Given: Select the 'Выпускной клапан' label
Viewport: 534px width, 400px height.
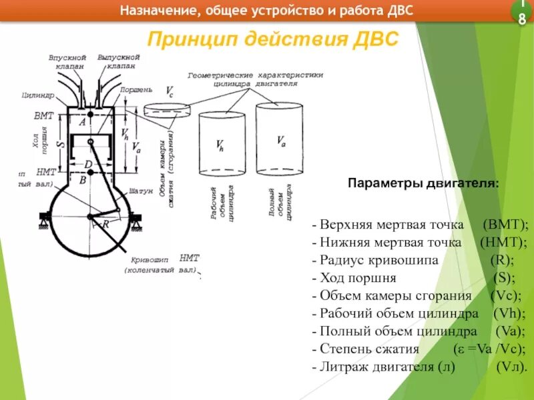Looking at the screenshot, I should (x=118, y=62).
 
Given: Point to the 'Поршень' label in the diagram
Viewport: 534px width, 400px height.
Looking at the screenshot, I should (x=136, y=89).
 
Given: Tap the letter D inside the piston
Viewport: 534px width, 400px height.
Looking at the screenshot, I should (x=87, y=164).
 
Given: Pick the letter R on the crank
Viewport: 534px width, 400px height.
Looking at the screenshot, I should (x=105, y=225).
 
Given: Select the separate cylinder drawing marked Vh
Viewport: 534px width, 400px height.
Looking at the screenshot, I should (x=222, y=143).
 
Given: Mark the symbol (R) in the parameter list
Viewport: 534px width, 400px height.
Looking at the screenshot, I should (x=501, y=261).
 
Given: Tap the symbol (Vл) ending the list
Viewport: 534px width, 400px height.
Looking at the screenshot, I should (x=512, y=366).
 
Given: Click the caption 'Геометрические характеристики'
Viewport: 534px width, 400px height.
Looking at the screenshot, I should (x=256, y=75).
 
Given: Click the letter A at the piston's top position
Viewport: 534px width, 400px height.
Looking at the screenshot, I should (x=82, y=122).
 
